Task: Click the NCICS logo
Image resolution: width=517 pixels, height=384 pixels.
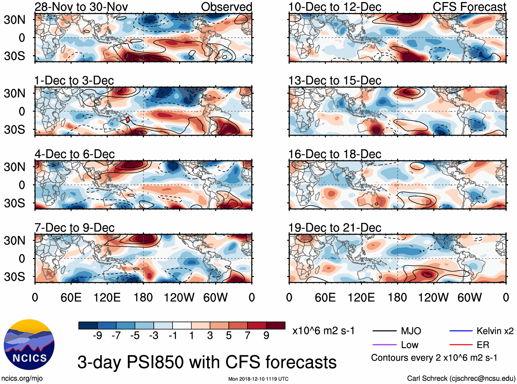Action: [29, 345]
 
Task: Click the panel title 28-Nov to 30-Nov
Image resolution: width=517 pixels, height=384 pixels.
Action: [81, 7]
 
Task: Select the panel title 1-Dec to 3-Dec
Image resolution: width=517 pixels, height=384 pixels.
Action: [74, 81]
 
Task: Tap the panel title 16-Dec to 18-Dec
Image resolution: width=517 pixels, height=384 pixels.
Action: [335, 154]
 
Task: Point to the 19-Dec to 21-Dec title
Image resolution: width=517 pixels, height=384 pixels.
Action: [335, 228]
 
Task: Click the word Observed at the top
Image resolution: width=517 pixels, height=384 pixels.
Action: [226, 7]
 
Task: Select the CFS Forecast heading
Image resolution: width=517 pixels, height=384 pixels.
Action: [469, 7]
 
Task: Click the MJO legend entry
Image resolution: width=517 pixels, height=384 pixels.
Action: [411, 331]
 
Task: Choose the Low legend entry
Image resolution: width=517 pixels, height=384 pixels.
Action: [409, 345]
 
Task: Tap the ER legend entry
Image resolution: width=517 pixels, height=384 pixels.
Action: [483, 345]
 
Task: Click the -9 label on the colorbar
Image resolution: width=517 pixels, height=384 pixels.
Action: [97, 336]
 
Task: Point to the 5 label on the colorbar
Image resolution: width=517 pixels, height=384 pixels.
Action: [229, 336]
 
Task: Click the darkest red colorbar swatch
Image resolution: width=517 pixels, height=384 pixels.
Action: [276, 325]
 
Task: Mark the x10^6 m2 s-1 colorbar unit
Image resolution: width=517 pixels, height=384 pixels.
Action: [323, 331]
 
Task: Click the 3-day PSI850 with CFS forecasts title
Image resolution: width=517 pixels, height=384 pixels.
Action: [207, 362]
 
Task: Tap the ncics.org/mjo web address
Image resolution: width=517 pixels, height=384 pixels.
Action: [22, 379]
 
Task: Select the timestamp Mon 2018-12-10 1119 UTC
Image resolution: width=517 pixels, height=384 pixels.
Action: [258, 379]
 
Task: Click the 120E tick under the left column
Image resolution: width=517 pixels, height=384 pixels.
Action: [107, 297]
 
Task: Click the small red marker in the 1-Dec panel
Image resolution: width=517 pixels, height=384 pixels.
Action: [128, 120]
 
